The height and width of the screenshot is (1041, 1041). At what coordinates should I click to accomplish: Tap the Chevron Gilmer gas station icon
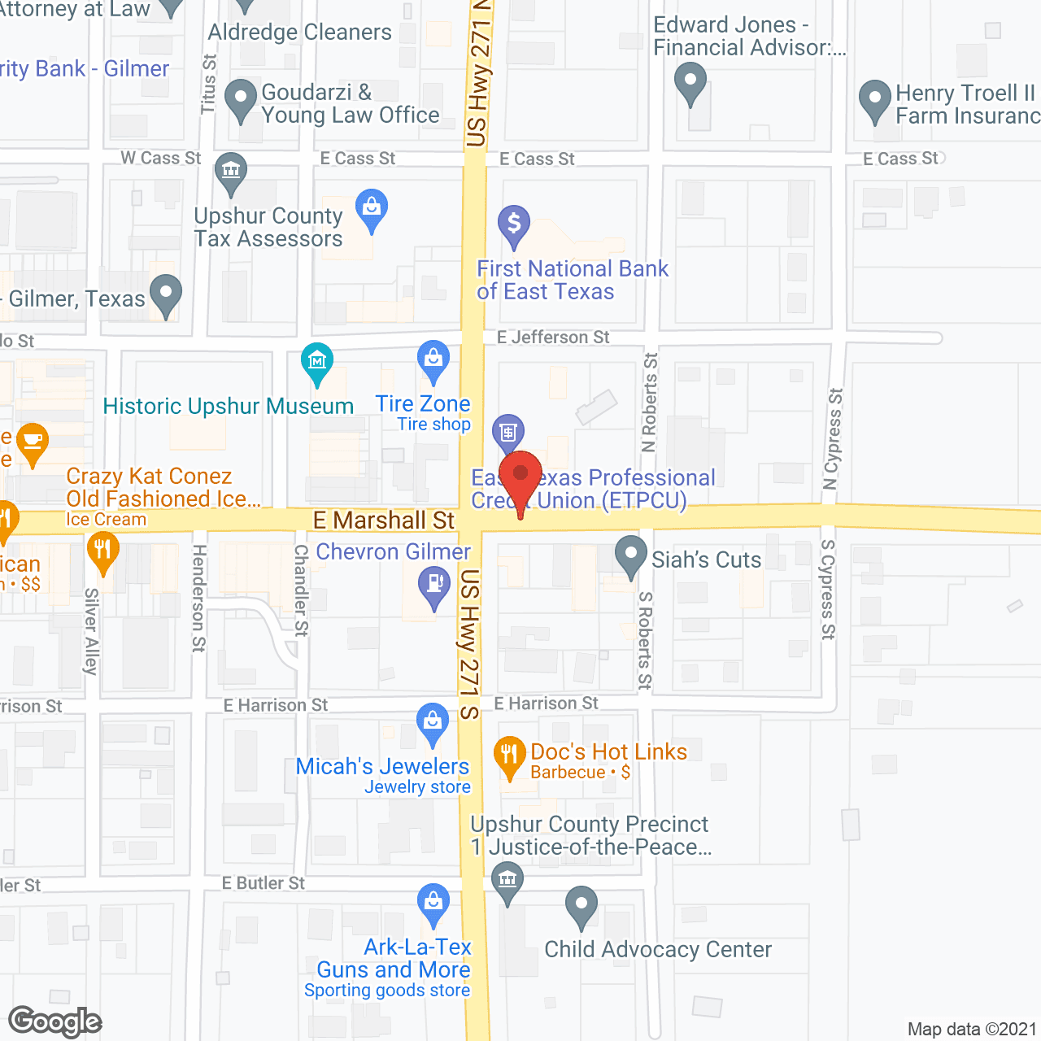tap(434, 585)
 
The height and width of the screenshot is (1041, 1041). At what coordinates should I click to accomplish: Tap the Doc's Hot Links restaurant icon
tap(509, 756)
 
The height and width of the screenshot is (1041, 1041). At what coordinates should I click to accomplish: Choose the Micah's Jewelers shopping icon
tap(433, 721)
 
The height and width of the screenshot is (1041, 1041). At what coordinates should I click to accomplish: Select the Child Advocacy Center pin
tap(581, 904)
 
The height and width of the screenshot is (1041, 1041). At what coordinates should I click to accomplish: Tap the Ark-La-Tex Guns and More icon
tap(433, 902)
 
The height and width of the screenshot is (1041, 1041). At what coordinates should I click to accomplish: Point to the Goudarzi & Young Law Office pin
tap(241, 98)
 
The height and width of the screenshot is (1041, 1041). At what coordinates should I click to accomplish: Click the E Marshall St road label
tap(384, 520)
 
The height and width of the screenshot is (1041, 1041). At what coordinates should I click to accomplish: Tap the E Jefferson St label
tap(553, 338)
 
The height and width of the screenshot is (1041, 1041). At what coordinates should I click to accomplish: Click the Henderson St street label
tap(198, 598)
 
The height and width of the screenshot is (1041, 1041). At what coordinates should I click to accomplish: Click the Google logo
tap(55, 1021)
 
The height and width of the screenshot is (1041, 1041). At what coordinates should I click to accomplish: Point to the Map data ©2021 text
tap(972, 1030)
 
